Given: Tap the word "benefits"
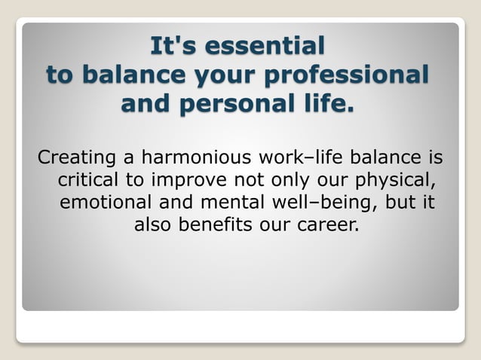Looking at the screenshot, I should pyautogui.click(x=216, y=225).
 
